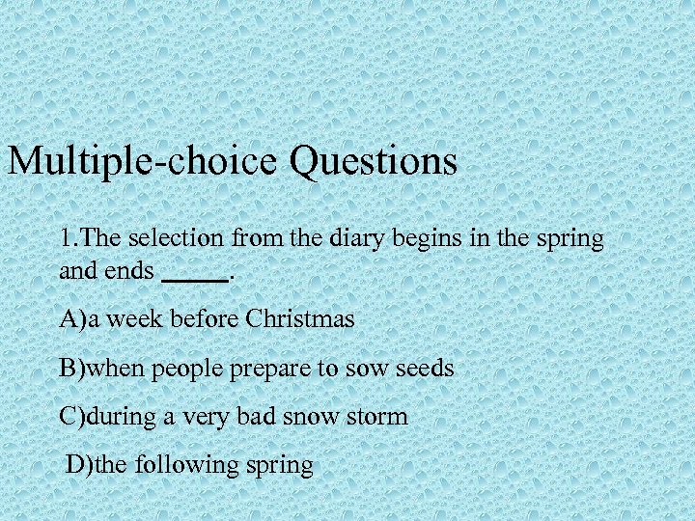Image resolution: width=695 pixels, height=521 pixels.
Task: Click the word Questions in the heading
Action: point(373,161)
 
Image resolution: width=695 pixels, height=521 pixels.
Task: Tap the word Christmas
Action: point(300,319)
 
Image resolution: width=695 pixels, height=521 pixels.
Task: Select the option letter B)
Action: point(72,368)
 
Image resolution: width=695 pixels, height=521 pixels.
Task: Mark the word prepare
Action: point(269,369)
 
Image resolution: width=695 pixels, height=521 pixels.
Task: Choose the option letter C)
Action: point(72,417)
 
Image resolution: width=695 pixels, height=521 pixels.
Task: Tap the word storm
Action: point(381,417)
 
